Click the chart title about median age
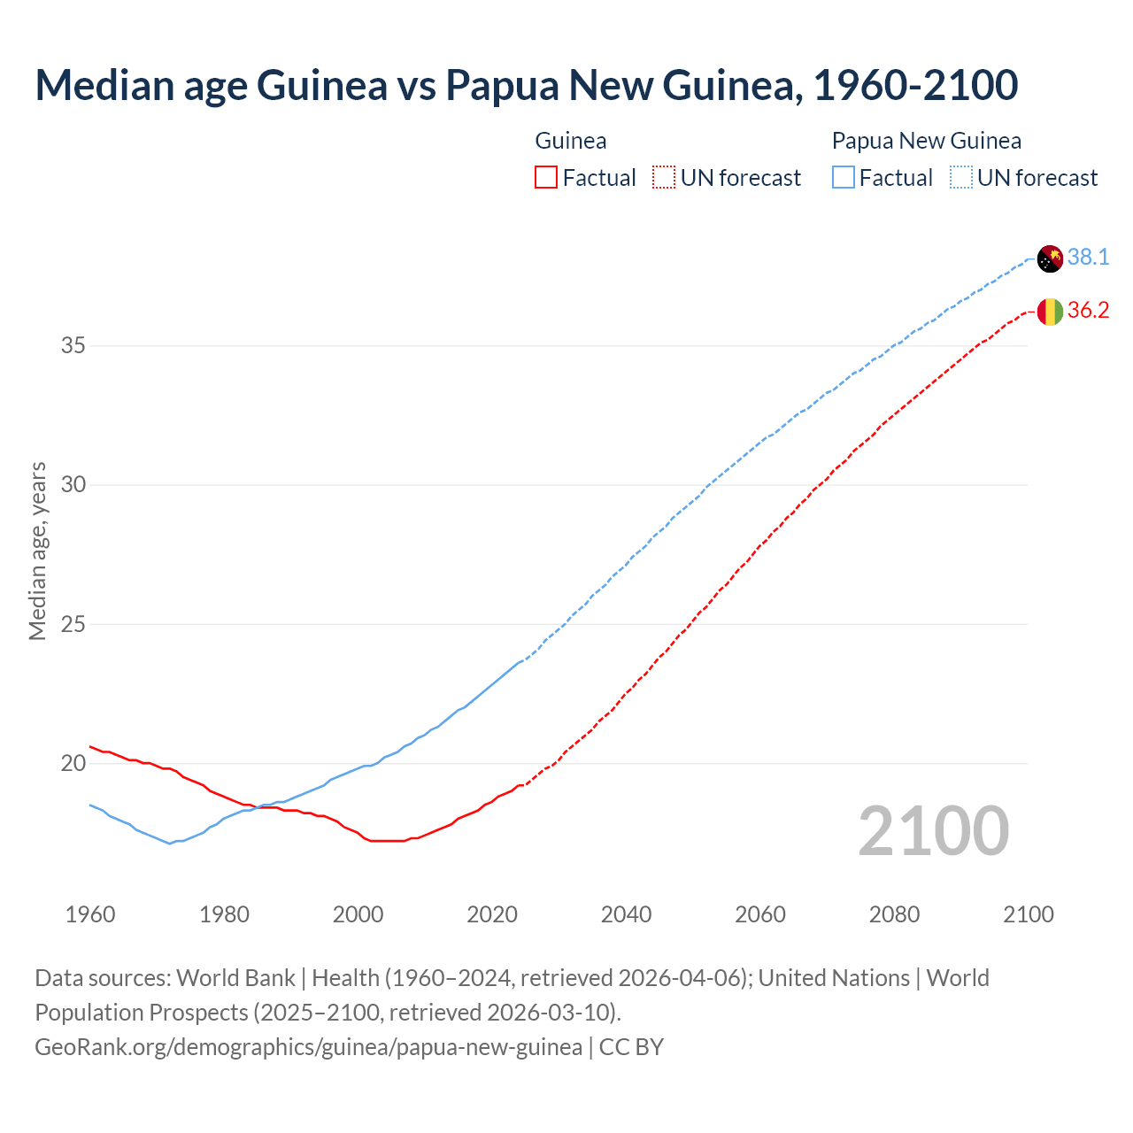tap(526, 85)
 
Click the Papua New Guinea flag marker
tap(1050, 258)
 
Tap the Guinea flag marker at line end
tap(1050, 312)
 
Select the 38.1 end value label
tap(1088, 258)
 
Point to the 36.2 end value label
tap(1088, 311)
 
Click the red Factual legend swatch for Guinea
tap(546, 178)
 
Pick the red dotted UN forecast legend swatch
tap(664, 178)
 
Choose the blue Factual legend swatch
tap(844, 178)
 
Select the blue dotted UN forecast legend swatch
tap(961, 178)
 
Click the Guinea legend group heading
tap(571, 141)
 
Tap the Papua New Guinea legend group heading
tap(926, 141)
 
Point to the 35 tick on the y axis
tap(73, 345)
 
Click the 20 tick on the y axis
tap(73, 763)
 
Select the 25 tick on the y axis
tap(73, 624)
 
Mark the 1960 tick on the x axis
tap(90, 914)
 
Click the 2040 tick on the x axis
tap(626, 914)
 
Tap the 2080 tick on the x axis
tap(894, 914)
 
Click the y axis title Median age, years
tap(37, 551)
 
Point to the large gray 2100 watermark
tap(933, 830)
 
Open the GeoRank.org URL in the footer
tap(308, 1047)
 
